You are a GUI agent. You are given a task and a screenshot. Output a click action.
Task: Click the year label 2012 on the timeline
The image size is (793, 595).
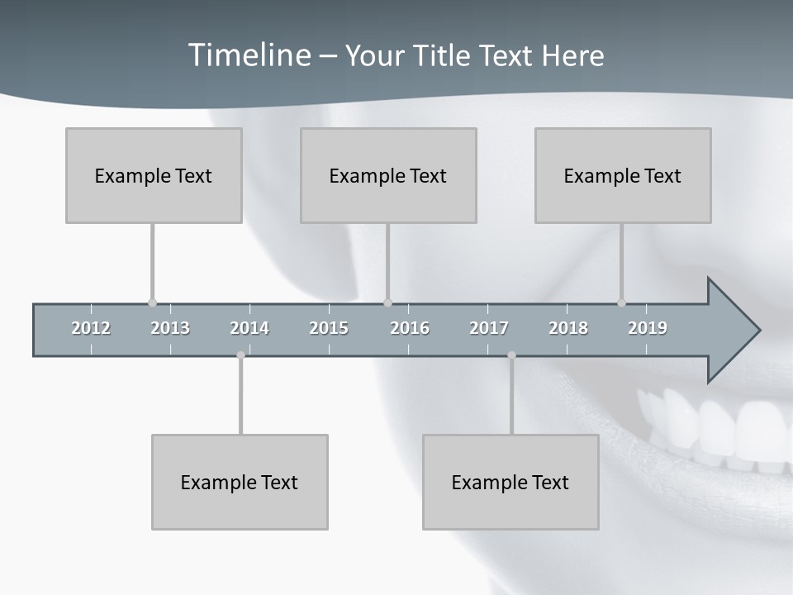click(x=91, y=328)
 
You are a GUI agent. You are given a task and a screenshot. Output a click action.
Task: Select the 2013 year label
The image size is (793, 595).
click(x=170, y=328)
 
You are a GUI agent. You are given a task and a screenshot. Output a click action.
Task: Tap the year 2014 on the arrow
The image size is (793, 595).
click(x=249, y=328)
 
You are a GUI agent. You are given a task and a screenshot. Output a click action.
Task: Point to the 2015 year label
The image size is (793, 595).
click(x=329, y=328)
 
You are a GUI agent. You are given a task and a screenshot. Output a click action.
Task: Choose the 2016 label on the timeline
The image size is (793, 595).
click(x=410, y=328)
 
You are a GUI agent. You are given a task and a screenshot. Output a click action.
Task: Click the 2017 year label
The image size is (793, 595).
click(x=489, y=328)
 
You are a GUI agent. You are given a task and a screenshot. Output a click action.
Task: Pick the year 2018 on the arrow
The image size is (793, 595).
click(x=568, y=328)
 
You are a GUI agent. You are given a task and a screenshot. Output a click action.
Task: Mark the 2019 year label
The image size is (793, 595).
click(x=648, y=328)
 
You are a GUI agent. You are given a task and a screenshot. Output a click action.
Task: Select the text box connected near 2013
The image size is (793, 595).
click(x=154, y=175)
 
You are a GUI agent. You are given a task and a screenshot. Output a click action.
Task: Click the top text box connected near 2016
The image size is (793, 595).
click(x=388, y=175)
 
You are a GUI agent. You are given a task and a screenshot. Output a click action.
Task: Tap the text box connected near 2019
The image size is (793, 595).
click(x=623, y=175)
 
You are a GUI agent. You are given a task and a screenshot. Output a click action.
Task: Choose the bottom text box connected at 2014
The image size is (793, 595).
click(x=240, y=482)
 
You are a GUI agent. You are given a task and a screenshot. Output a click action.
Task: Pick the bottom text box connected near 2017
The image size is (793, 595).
click(x=510, y=482)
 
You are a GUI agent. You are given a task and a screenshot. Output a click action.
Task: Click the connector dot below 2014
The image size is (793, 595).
click(x=240, y=355)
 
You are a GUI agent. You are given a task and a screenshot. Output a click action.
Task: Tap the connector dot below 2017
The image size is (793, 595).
click(x=511, y=355)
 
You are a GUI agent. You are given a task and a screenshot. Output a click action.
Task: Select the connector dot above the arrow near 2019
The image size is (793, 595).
click(x=621, y=302)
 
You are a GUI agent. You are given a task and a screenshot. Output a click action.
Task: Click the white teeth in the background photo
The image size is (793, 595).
click(x=727, y=430)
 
